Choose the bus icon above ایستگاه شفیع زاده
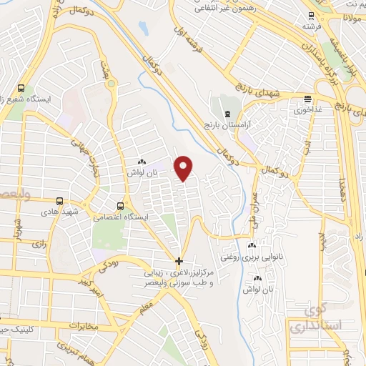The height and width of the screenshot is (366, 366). [x=21, y=88]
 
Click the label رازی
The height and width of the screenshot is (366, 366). [x=38, y=244]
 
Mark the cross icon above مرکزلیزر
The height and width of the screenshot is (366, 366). [x=179, y=260]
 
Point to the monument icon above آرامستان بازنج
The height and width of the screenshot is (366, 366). [x=227, y=114]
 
